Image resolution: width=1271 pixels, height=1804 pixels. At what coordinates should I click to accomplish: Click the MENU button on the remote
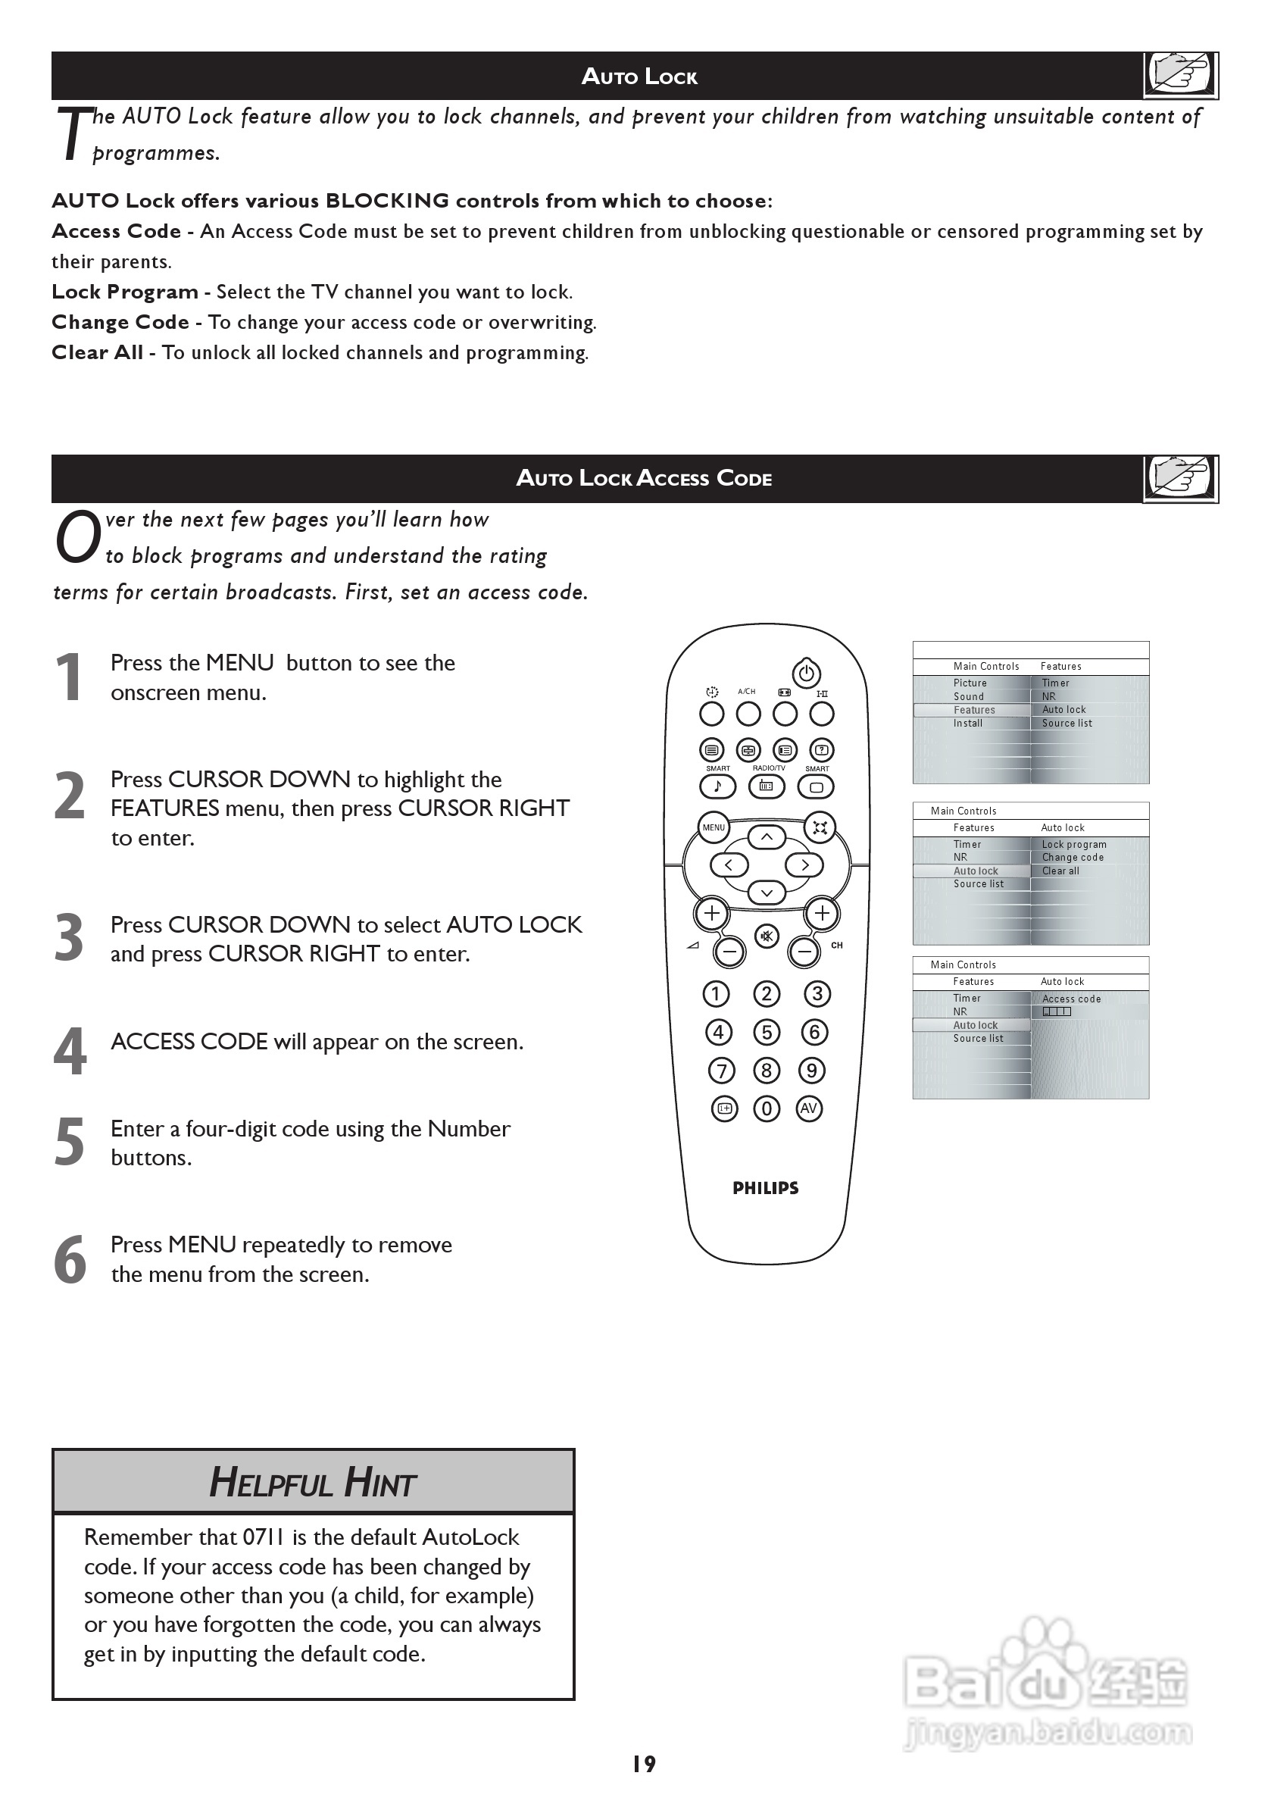[x=714, y=827]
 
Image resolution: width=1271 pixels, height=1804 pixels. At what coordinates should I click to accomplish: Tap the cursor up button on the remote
[x=767, y=837]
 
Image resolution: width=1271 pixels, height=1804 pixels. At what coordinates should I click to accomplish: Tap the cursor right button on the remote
[x=804, y=865]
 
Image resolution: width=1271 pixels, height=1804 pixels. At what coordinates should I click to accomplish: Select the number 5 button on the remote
[x=767, y=1032]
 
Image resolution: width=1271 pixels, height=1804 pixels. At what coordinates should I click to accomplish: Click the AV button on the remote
[x=808, y=1108]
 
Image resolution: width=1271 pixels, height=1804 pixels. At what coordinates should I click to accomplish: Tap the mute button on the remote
[x=767, y=936]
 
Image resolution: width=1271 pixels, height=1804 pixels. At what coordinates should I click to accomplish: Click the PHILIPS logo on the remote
[x=765, y=1188]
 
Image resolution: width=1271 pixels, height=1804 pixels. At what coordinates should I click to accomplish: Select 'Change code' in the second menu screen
[x=1073, y=857]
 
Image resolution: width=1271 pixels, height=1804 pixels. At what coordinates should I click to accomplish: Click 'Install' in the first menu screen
[x=968, y=723]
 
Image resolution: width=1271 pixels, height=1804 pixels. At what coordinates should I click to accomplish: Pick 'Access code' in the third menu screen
[x=1072, y=999]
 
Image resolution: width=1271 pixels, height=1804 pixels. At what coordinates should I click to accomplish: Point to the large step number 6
[x=70, y=1259]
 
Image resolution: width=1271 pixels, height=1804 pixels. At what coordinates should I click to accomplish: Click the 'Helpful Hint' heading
[x=313, y=1483]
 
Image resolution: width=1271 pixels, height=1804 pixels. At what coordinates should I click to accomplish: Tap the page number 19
[x=643, y=1764]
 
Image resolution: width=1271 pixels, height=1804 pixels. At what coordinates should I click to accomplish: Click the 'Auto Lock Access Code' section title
[x=643, y=478]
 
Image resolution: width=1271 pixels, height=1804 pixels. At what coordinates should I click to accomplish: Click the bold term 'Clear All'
[x=98, y=352]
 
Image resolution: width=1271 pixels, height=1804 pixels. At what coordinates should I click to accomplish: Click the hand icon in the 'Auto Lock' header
[x=1180, y=75]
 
